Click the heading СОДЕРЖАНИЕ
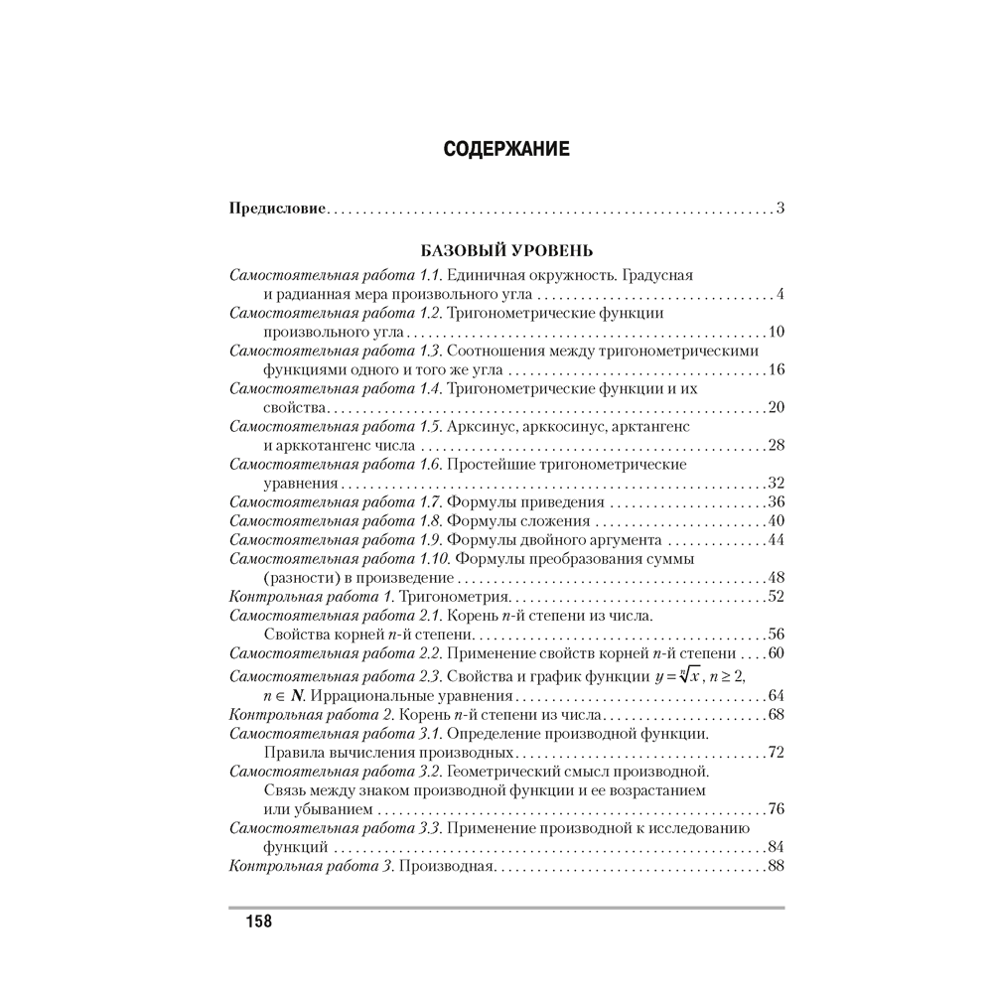pos(505,151)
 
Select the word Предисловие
pos(277,209)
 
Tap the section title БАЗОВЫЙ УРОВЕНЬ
pos(506,250)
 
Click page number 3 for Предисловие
pos(780,209)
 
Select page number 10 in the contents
pos(777,332)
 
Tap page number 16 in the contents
pos(777,369)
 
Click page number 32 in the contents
pos(777,483)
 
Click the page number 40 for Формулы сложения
pos(777,520)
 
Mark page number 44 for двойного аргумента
pos(777,539)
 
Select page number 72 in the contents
pos(777,752)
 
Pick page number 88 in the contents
pos(777,866)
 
